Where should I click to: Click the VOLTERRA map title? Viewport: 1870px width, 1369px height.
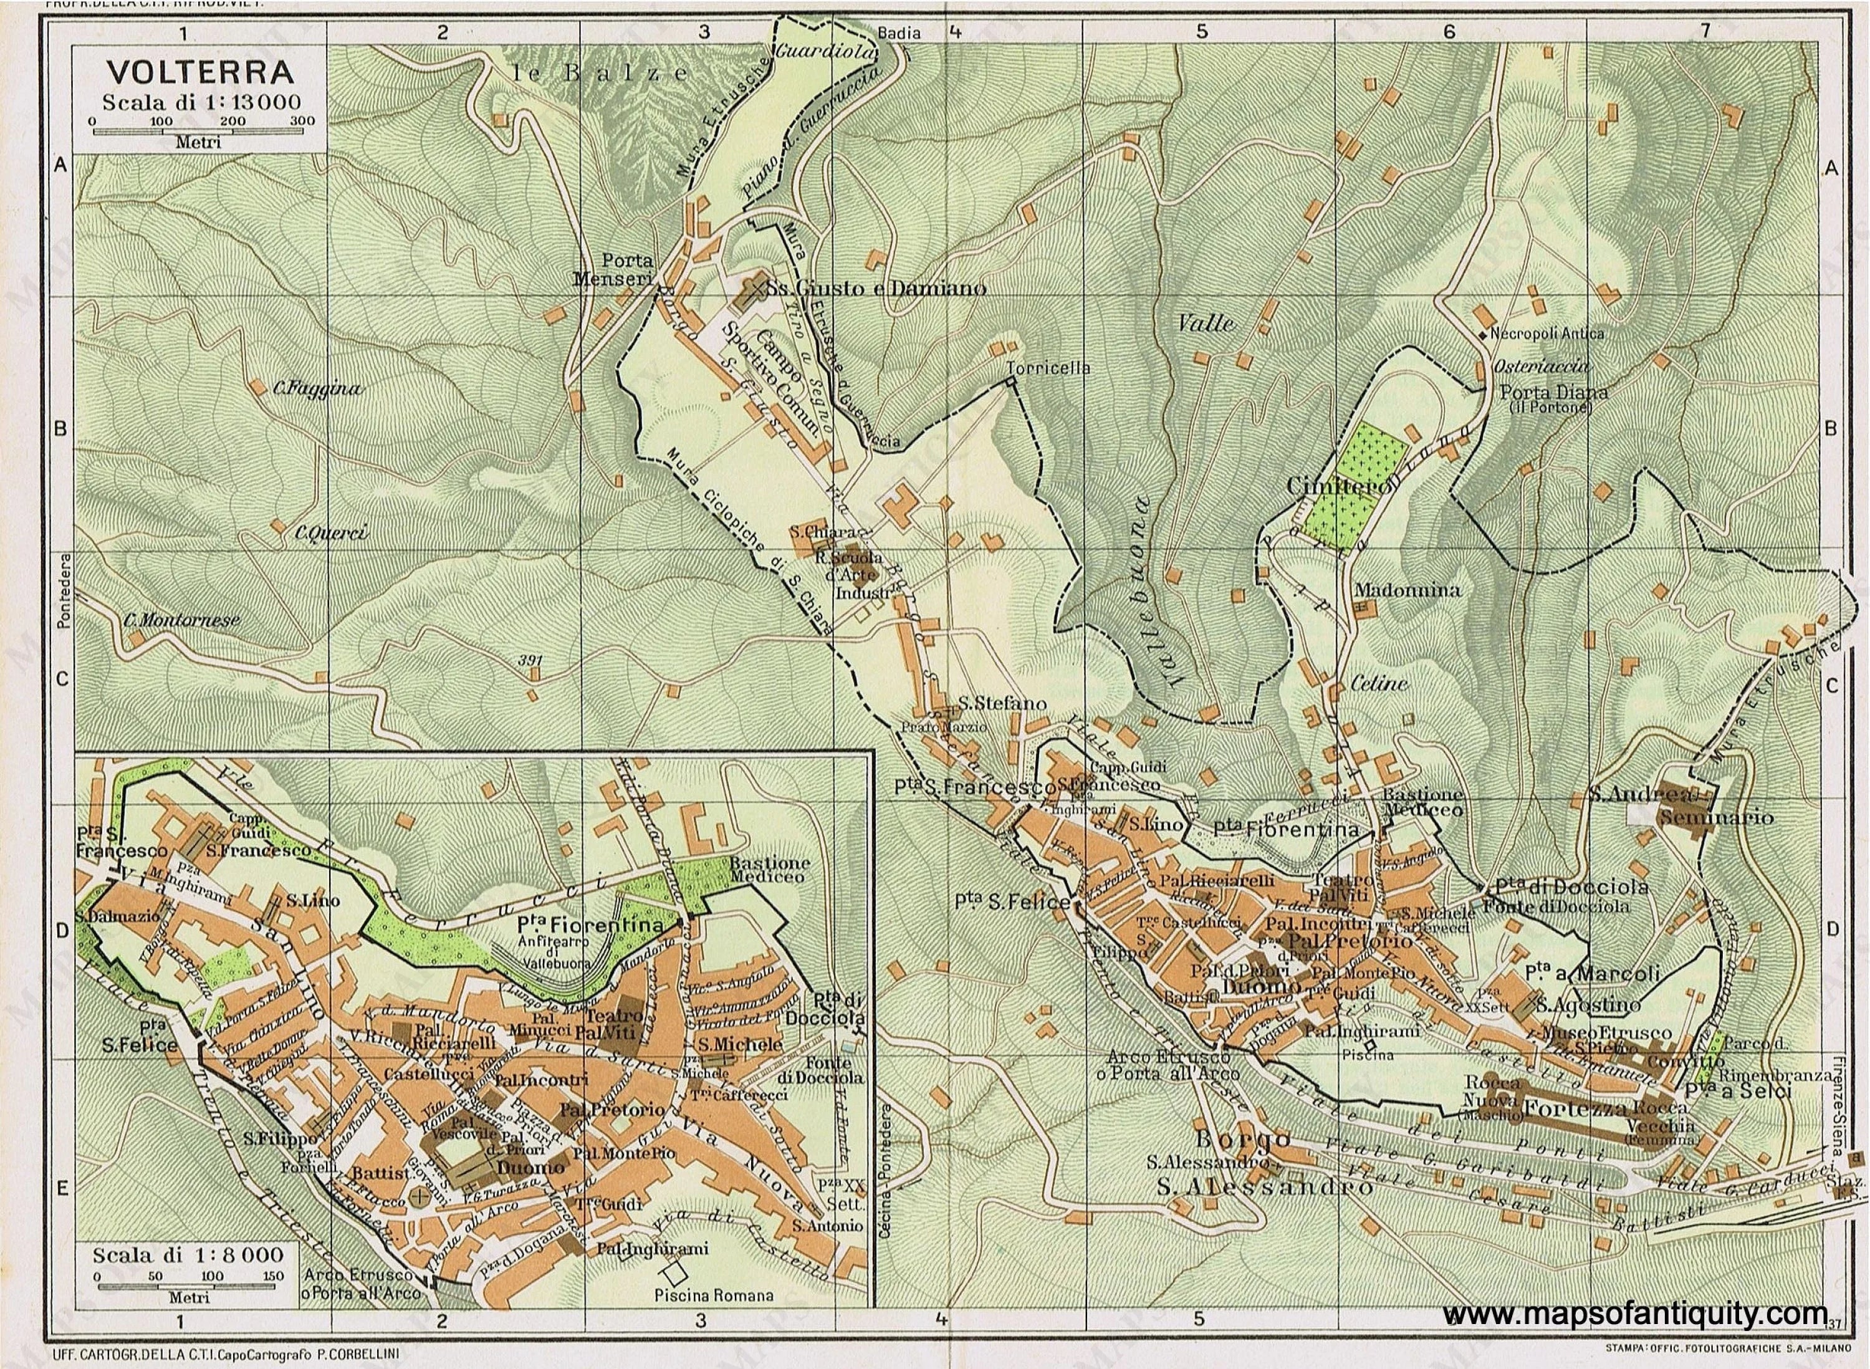(199, 73)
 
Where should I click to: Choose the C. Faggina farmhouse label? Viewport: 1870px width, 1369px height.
(318, 388)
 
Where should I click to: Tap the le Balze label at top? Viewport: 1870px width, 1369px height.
(599, 73)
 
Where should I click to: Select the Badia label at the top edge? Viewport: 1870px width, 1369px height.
(898, 33)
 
